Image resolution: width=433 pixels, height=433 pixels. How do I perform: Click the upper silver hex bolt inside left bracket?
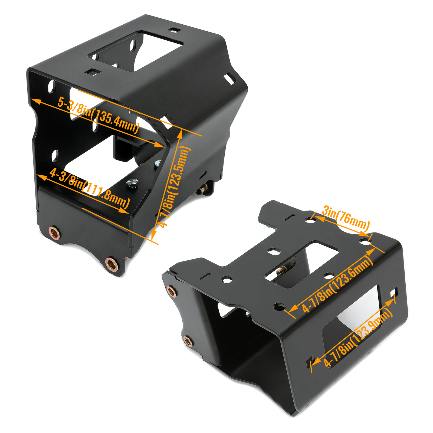157,164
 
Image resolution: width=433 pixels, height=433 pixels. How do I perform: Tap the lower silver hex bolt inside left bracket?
132,183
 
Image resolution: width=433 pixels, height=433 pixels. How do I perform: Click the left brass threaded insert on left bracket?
54,232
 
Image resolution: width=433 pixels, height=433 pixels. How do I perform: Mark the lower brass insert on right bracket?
188,341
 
